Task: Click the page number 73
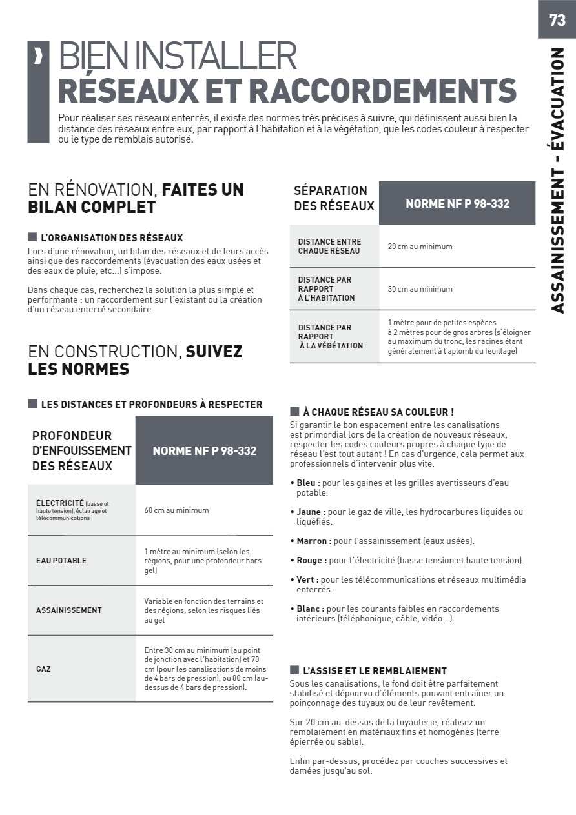coord(557,20)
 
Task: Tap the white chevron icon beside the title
coord(39,56)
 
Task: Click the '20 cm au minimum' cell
coord(420,247)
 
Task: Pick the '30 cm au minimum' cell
coord(420,289)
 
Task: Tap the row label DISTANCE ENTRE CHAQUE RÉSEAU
coord(329,247)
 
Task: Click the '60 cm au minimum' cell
coord(176,510)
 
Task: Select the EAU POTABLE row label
coord(61,561)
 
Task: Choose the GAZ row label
coord(43,669)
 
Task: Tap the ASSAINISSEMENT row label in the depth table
coord(68,610)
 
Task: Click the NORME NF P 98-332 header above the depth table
coord(204,450)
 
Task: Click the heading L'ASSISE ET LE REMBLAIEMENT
coord(375,671)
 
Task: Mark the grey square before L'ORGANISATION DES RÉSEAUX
coord(32,237)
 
